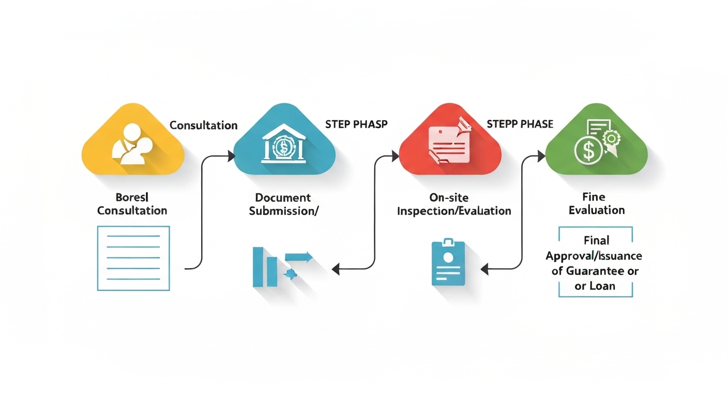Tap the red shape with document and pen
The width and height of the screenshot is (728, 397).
click(449, 142)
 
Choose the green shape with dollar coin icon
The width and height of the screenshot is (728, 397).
click(596, 142)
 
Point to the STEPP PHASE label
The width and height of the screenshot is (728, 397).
click(520, 125)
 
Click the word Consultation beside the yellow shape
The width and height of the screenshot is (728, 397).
click(203, 126)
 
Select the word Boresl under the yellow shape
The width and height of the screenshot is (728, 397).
click(132, 197)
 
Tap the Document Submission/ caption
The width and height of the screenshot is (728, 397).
click(282, 204)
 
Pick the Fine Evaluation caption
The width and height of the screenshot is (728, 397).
click(596, 203)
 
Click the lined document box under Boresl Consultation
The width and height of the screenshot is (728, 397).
click(133, 258)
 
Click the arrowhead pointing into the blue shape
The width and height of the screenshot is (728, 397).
click(231, 154)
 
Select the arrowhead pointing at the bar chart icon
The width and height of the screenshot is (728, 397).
click(335, 269)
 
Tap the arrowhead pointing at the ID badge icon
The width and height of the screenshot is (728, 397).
click(485, 269)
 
